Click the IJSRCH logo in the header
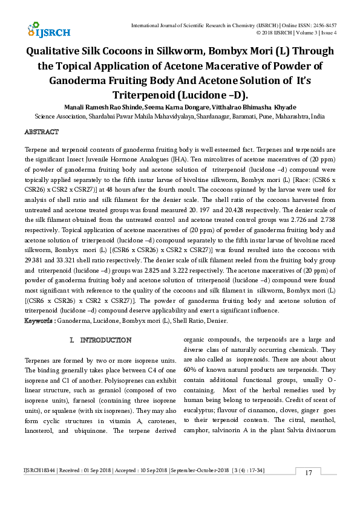[x=48, y=30]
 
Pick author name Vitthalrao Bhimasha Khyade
[x=245, y=107]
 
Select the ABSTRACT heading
[x=41, y=132]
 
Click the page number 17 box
[x=308, y=489]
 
